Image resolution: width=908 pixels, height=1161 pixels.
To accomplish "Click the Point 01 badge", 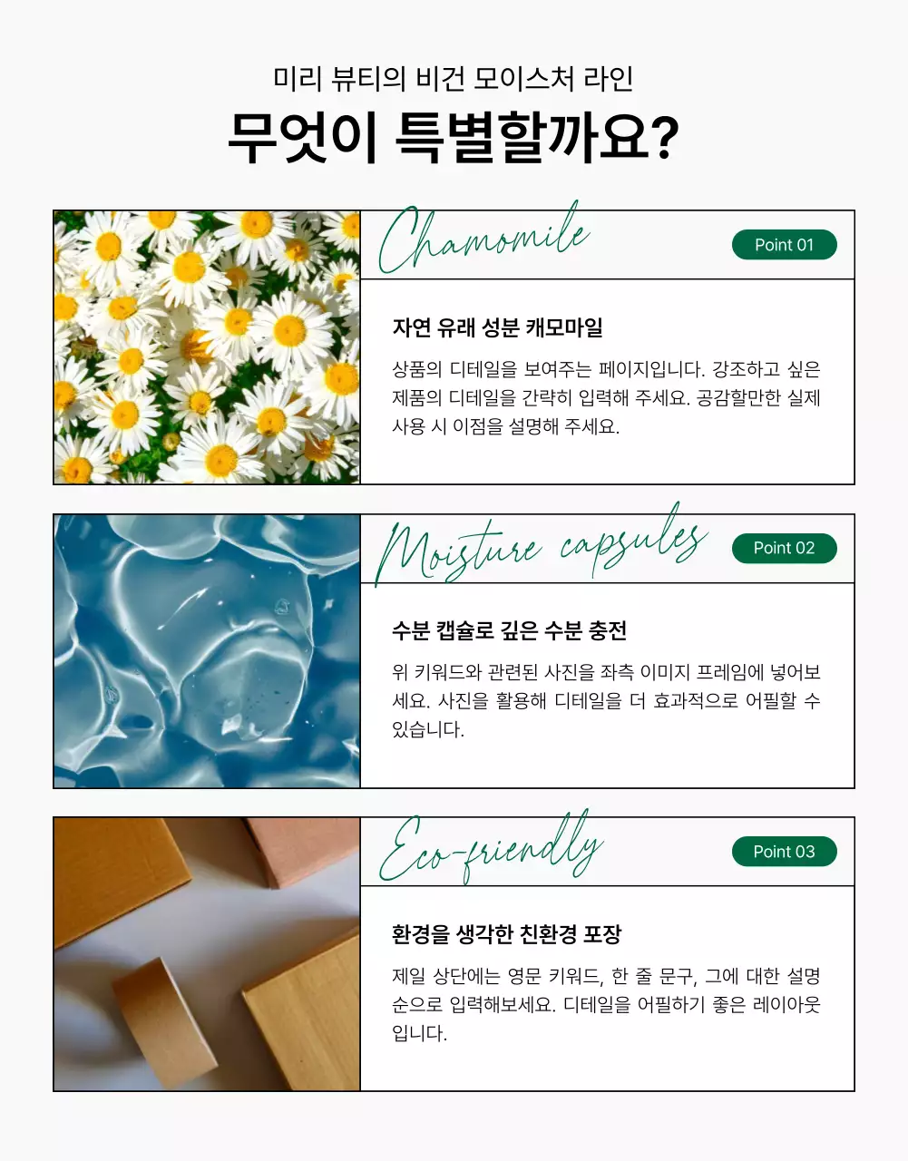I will [x=784, y=245].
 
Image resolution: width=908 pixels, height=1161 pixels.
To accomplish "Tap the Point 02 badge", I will [x=784, y=548].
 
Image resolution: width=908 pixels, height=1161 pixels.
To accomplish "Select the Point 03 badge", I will [x=784, y=852].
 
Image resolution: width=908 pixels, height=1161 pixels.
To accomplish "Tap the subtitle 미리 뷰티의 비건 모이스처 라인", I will [x=453, y=79].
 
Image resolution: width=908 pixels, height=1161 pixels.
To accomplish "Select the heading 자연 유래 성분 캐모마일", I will [x=497, y=327].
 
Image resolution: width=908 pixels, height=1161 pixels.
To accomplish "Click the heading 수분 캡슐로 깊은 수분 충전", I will [x=509, y=630].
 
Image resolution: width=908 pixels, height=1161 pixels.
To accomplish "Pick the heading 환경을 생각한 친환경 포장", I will [x=506, y=934].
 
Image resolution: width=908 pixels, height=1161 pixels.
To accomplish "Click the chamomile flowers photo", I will [x=207, y=347].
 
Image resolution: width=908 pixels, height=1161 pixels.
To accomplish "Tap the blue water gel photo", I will [x=207, y=651].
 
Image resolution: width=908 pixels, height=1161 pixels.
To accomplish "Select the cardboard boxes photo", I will [x=207, y=954].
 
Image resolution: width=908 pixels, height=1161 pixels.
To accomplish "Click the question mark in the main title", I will [x=664, y=138].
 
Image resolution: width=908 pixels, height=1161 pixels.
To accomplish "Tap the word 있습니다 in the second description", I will [x=426, y=729].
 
